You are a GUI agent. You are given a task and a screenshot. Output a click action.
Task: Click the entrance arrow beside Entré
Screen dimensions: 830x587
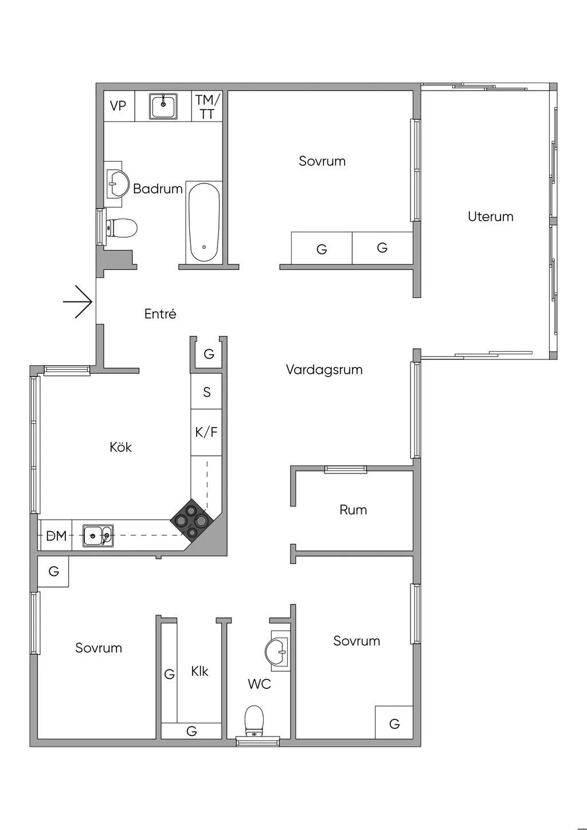78,302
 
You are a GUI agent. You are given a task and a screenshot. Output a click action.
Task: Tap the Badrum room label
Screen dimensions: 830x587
158,189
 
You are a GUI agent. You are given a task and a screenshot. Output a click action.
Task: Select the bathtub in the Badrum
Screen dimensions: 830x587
204,222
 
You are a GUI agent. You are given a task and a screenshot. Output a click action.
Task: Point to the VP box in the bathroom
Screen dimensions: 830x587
118,106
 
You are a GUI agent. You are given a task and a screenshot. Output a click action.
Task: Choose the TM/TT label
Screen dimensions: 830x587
206,107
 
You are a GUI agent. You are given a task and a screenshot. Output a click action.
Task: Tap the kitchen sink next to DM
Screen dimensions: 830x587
98,536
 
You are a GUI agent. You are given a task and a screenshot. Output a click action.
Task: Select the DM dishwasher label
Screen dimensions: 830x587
56,537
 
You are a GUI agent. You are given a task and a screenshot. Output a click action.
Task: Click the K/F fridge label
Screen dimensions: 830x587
206,432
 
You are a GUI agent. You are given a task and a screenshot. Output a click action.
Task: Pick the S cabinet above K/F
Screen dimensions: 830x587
206,393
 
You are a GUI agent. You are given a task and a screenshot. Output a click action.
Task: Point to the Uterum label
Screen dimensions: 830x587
490,217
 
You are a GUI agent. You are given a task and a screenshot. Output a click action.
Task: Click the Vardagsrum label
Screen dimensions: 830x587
324,370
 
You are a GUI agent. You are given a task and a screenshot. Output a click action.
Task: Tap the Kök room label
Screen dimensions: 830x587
120,447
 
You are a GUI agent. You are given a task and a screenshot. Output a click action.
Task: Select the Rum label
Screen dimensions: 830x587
353,510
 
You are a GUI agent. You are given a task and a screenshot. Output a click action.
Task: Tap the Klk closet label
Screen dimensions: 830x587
199,671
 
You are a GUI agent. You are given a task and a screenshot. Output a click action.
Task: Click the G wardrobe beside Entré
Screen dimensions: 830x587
209,354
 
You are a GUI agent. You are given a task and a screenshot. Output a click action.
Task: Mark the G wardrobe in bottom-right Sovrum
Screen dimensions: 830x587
394,724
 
